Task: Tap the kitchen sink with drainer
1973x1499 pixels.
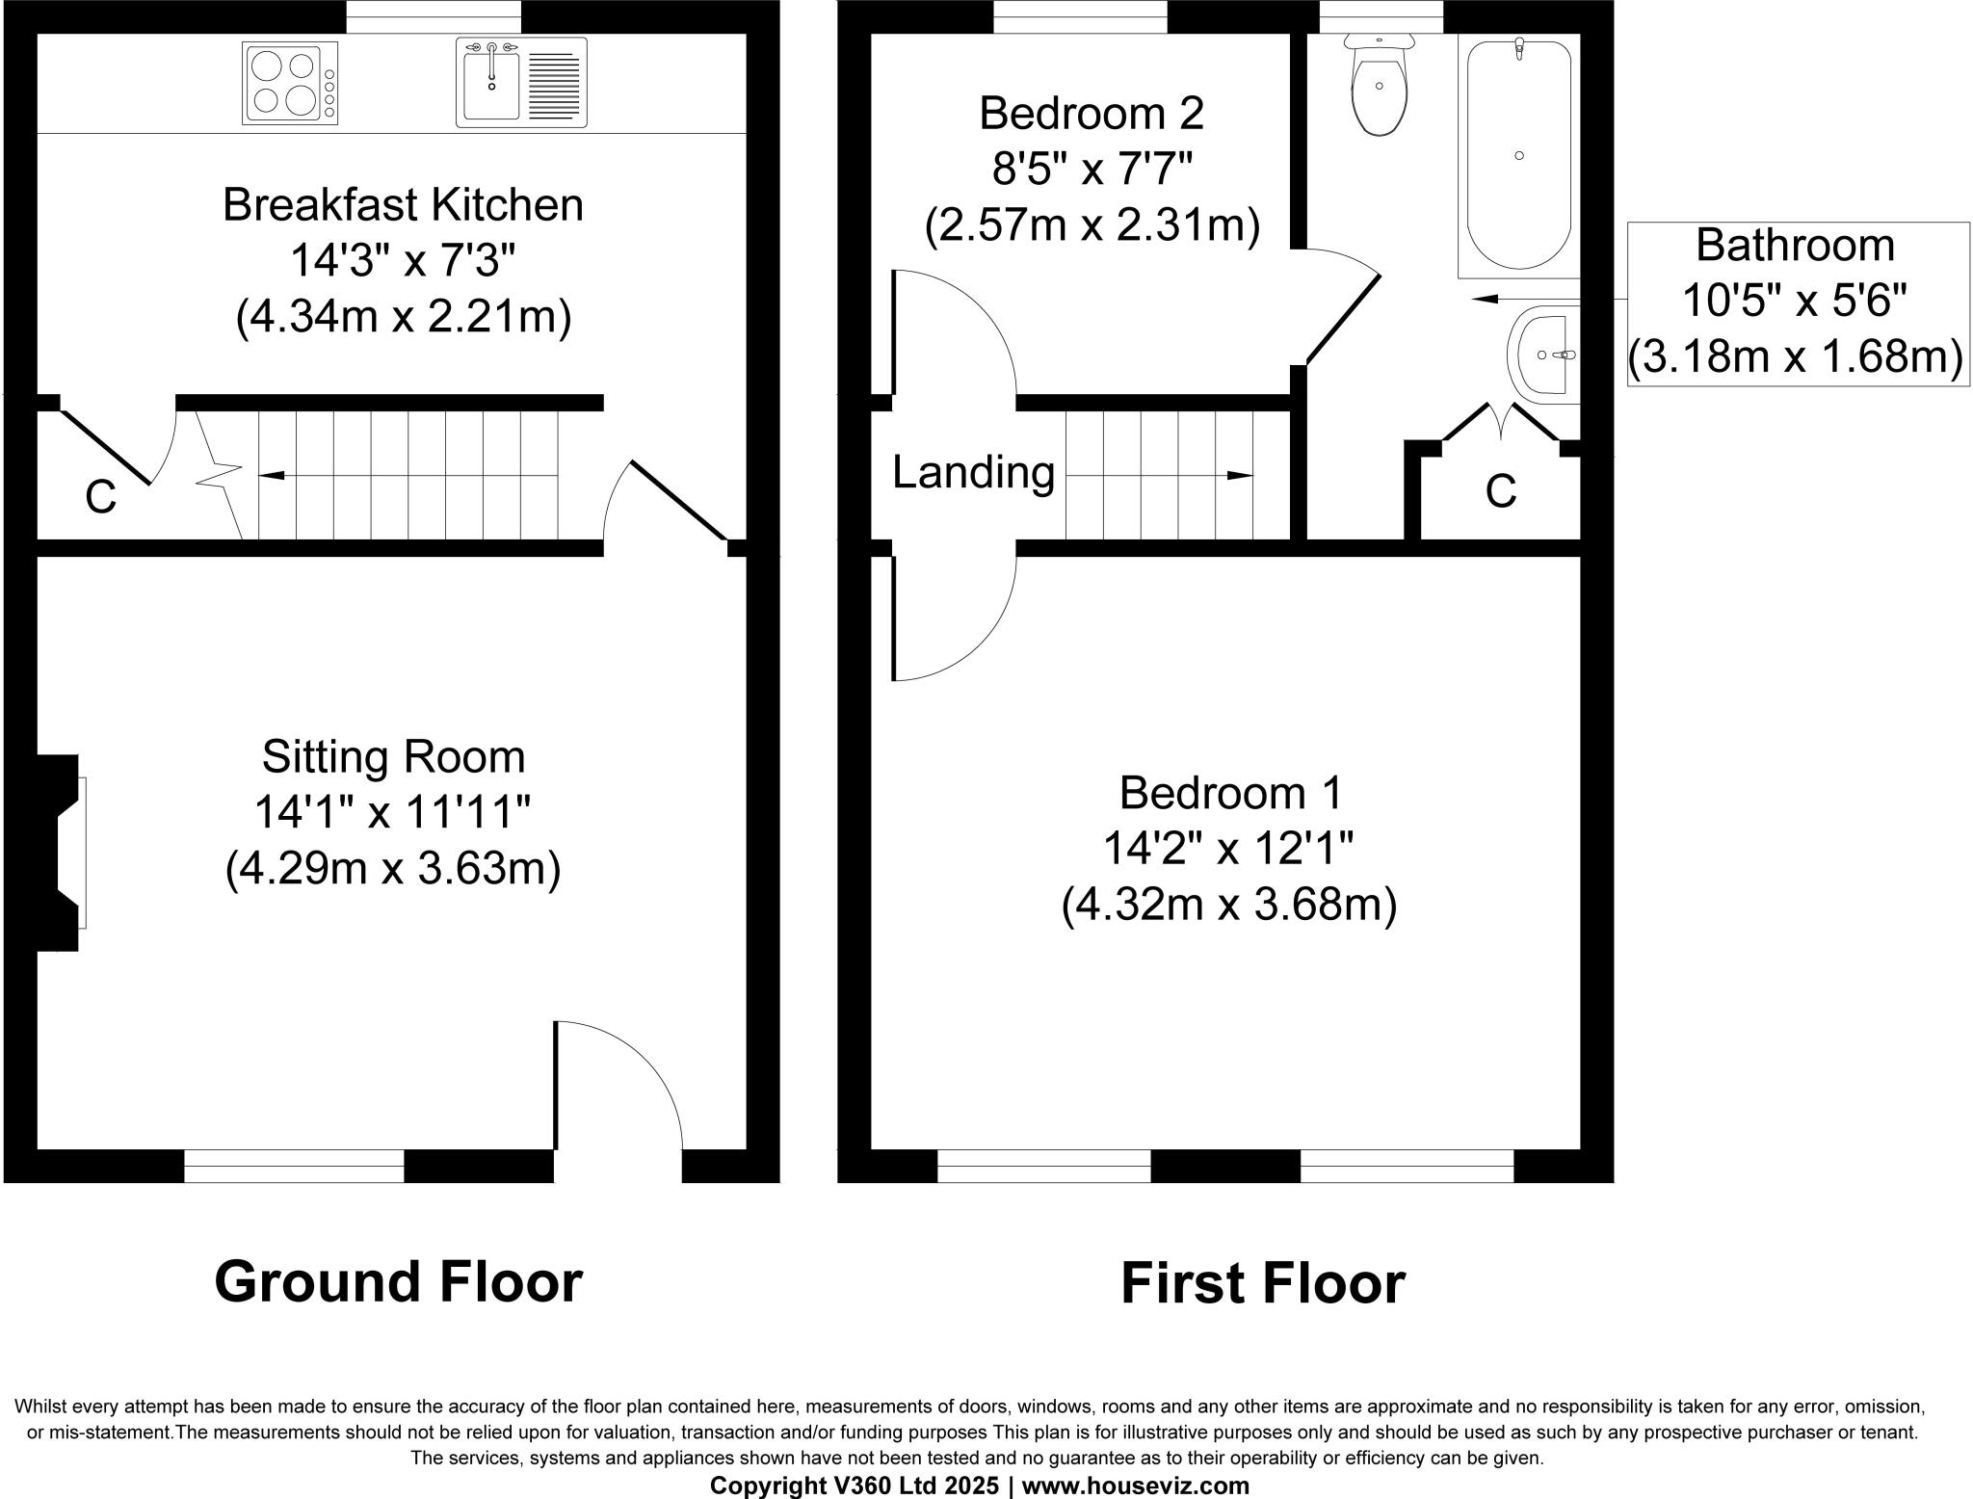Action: [520, 82]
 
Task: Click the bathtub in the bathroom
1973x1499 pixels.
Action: [1518, 154]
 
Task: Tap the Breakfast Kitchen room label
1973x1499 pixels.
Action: [403, 205]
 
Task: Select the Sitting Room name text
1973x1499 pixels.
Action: [393, 757]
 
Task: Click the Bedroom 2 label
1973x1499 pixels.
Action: [1092, 114]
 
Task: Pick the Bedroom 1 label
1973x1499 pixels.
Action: [1229, 794]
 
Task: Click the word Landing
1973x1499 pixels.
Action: [973, 473]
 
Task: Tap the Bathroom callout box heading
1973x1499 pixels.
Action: [1795, 246]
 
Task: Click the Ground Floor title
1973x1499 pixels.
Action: [398, 1282]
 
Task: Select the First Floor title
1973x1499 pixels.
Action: [1262, 1284]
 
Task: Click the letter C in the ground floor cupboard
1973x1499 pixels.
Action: [100, 498]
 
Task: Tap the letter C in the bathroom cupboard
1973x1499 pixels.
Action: [1500, 491]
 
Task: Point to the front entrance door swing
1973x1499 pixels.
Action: [617, 1089]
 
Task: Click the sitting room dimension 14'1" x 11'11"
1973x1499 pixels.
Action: [393, 813]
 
